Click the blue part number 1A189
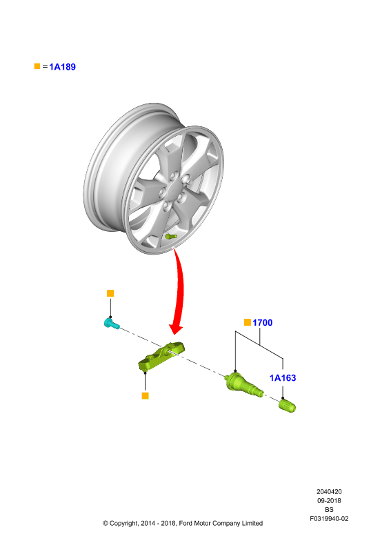pos(62,67)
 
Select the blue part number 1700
pos(262,322)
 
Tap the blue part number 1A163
pos(283,377)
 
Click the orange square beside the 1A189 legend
pos(37,66)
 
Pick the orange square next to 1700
pos(248,322)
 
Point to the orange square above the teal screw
pos(110,293)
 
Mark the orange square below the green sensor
pos(145,395)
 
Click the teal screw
pos(112,323)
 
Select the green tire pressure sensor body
pos(161,357)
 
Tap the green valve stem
pos(243,385)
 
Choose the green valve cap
pos(287,405)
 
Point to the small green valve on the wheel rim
pos(171,236)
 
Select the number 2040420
pos(329,492)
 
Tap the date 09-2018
pos(329,501)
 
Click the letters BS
pos(329,510)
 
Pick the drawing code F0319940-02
pos(329,519)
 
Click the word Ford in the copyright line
pos(186,524)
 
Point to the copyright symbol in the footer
pos(106,524)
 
